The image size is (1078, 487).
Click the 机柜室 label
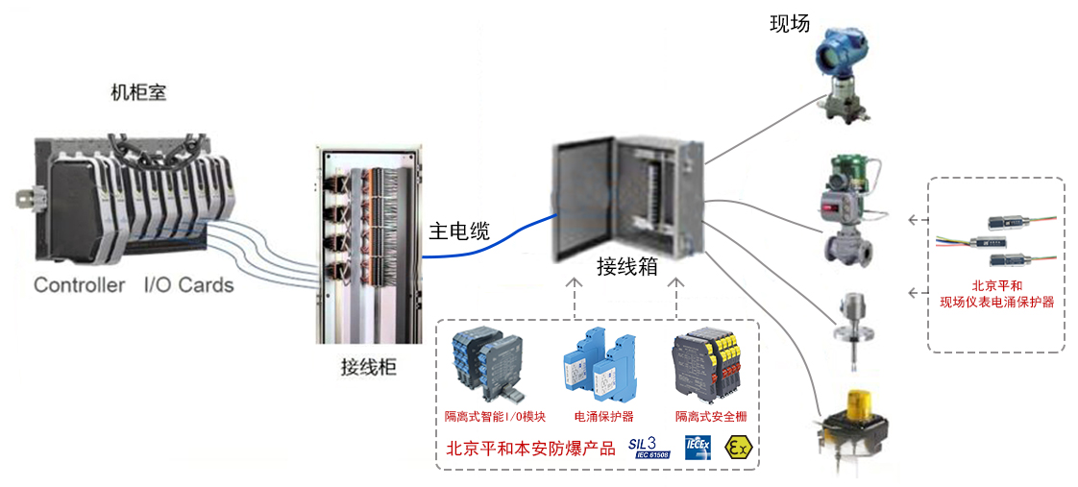pos(139,93)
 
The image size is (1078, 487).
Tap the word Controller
pos(79,285)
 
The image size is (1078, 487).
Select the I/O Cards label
pos(188,285)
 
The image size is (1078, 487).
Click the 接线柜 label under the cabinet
pos(368,367)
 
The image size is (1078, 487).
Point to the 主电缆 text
pos(458,231)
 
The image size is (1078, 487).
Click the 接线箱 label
pos(626,266)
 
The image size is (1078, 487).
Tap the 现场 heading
pos(790,24)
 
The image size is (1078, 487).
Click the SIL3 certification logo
pos(649,447)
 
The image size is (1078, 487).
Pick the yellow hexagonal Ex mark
pos(739,447)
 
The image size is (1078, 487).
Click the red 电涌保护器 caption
pos(604,417)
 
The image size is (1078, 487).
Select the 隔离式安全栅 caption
pos(710,417)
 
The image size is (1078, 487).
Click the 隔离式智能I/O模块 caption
pos(495,417)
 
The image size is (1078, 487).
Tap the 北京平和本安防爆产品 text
pos(530,448)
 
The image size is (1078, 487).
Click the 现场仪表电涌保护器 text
pos(996,302)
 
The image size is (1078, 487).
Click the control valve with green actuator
pos(845,211)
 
